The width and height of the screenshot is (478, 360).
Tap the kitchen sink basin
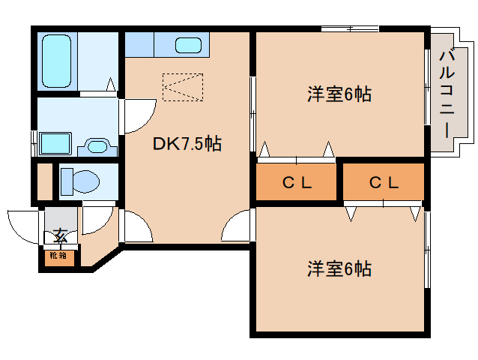point(189,45)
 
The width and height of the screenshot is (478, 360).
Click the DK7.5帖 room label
point(187,144)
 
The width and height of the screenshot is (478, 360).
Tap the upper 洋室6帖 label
point(339,95)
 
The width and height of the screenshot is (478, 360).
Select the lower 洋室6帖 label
point(339,268)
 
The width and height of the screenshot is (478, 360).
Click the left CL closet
point(297,182)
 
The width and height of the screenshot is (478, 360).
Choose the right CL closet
point(383,182)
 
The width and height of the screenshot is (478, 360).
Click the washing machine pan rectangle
point(53,142)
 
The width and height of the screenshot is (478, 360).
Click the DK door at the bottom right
point(238,225)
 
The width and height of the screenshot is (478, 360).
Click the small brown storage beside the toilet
point(43,181)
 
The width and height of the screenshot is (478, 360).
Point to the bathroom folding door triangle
point(111,84)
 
